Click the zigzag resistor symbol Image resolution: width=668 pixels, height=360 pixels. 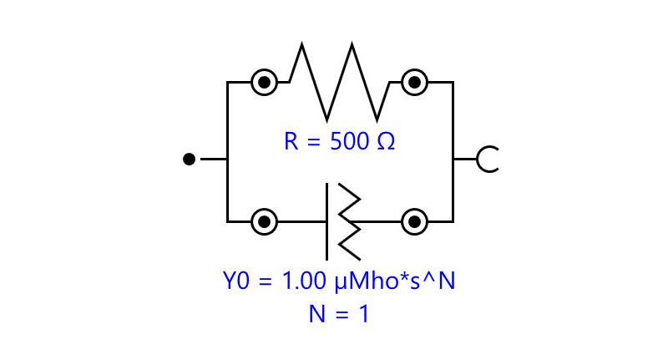click(326, 119)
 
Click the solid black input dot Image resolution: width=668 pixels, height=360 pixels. click(190, 159)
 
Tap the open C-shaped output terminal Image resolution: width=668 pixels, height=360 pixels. click(478, 159)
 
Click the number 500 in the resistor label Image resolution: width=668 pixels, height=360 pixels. click(349, 141)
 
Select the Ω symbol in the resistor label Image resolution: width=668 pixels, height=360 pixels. click(387, 141)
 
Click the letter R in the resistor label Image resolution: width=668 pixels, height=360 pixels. click(291, 141)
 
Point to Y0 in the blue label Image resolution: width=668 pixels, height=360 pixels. click(235, 281)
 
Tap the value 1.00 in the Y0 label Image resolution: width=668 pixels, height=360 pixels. click(304, 281)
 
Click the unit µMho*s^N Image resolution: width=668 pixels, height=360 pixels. click(395, 281)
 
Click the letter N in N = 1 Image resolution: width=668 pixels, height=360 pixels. click(317, 314)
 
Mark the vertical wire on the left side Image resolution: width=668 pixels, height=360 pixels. click(227, 152)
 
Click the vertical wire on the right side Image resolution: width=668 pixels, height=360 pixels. click(453, 152)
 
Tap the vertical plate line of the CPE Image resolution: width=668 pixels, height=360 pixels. click(326, 221)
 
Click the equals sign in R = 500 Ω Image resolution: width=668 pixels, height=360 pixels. click(313, 141)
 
